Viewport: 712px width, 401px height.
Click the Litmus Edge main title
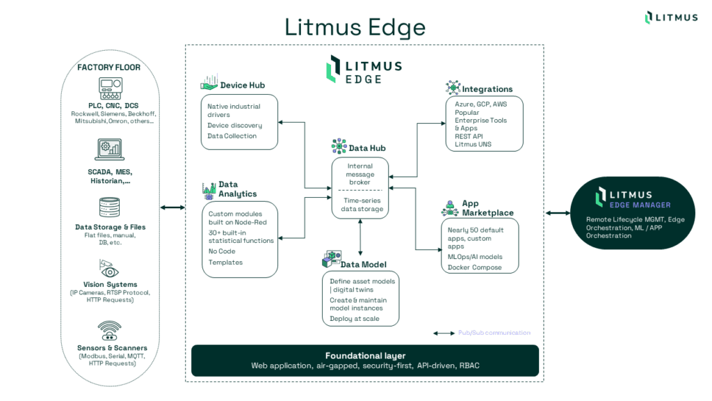[355, 26]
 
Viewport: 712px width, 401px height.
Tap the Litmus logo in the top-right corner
[671, 17]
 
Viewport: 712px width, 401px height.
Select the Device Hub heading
[242, 86]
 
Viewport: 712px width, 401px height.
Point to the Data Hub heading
[367, 148]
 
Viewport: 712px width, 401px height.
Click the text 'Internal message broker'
[360, 174]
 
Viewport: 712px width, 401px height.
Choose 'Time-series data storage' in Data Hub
[360, 204]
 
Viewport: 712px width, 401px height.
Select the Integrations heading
[487, 89]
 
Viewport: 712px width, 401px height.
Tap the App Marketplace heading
[487, 208]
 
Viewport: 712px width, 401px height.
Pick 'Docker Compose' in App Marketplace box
[474, 267]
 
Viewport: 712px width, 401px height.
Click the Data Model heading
[363, 265]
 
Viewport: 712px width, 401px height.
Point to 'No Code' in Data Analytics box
[222, 251]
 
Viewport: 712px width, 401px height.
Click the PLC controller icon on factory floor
[108, 88]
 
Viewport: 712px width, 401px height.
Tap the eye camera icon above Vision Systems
[108, 268]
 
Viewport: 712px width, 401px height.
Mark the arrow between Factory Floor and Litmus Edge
[172, 207]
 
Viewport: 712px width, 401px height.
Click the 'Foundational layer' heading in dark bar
[365, 356]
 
